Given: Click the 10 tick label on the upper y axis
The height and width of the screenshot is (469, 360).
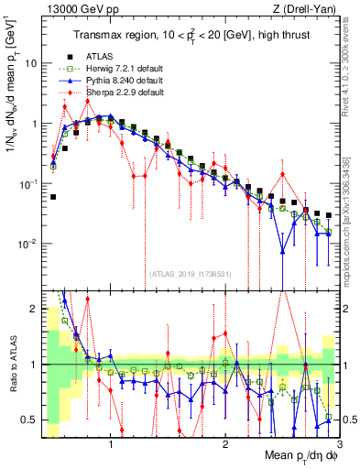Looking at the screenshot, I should click(x=30, y=63).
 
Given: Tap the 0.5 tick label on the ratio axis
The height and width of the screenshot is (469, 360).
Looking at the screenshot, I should click(x=29, y=420).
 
